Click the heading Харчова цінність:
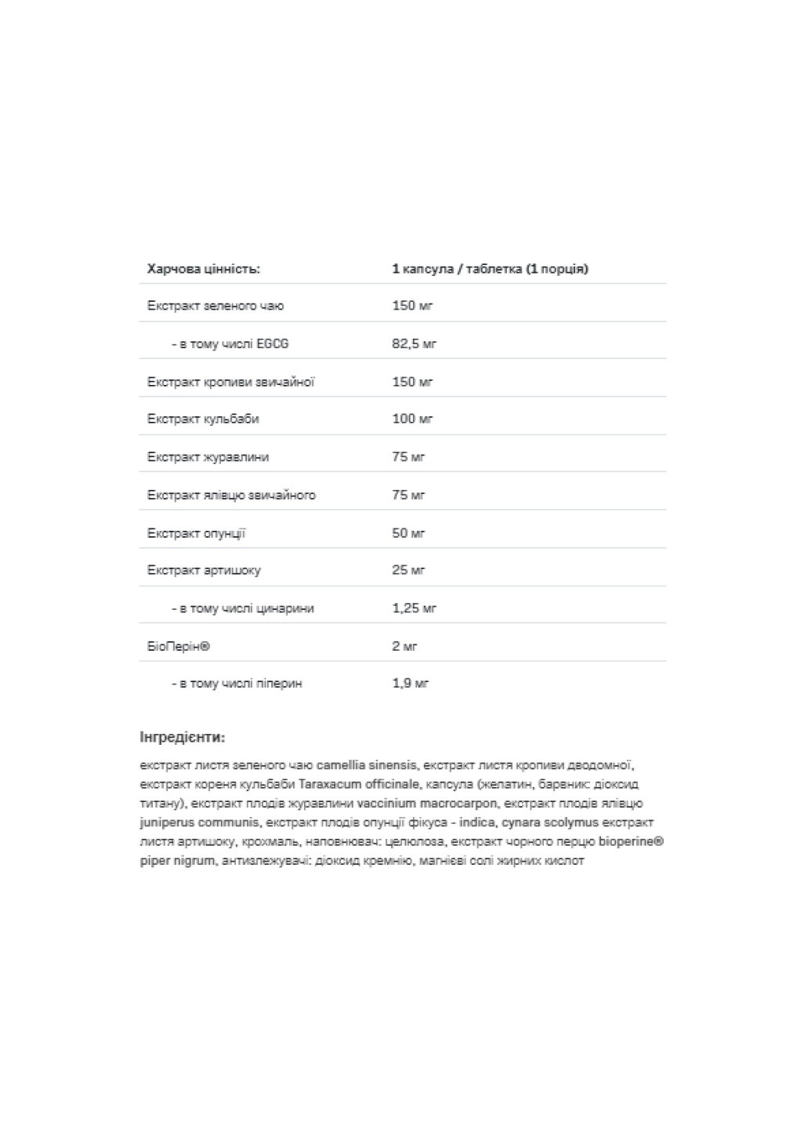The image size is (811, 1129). point(203,269)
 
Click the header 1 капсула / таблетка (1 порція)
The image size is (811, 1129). point(490,269)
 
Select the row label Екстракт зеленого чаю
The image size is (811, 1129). point(215,306)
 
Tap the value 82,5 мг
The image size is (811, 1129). point(414,343)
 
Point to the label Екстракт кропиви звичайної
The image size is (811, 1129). point(230,382)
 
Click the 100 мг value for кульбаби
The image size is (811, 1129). point(412,419)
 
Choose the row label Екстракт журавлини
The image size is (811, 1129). point(208,457)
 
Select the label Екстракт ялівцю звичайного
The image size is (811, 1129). point(231,495)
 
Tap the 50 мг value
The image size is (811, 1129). point(408,533)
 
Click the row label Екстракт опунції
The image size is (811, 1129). point(196,533)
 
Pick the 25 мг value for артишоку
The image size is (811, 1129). point(408,570)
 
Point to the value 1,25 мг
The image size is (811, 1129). point(414,608)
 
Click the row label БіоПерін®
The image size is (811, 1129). point(179,646)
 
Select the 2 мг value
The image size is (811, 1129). point(404,646)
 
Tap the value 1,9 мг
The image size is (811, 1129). point(411,684)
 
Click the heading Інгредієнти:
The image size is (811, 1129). point(182,737)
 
